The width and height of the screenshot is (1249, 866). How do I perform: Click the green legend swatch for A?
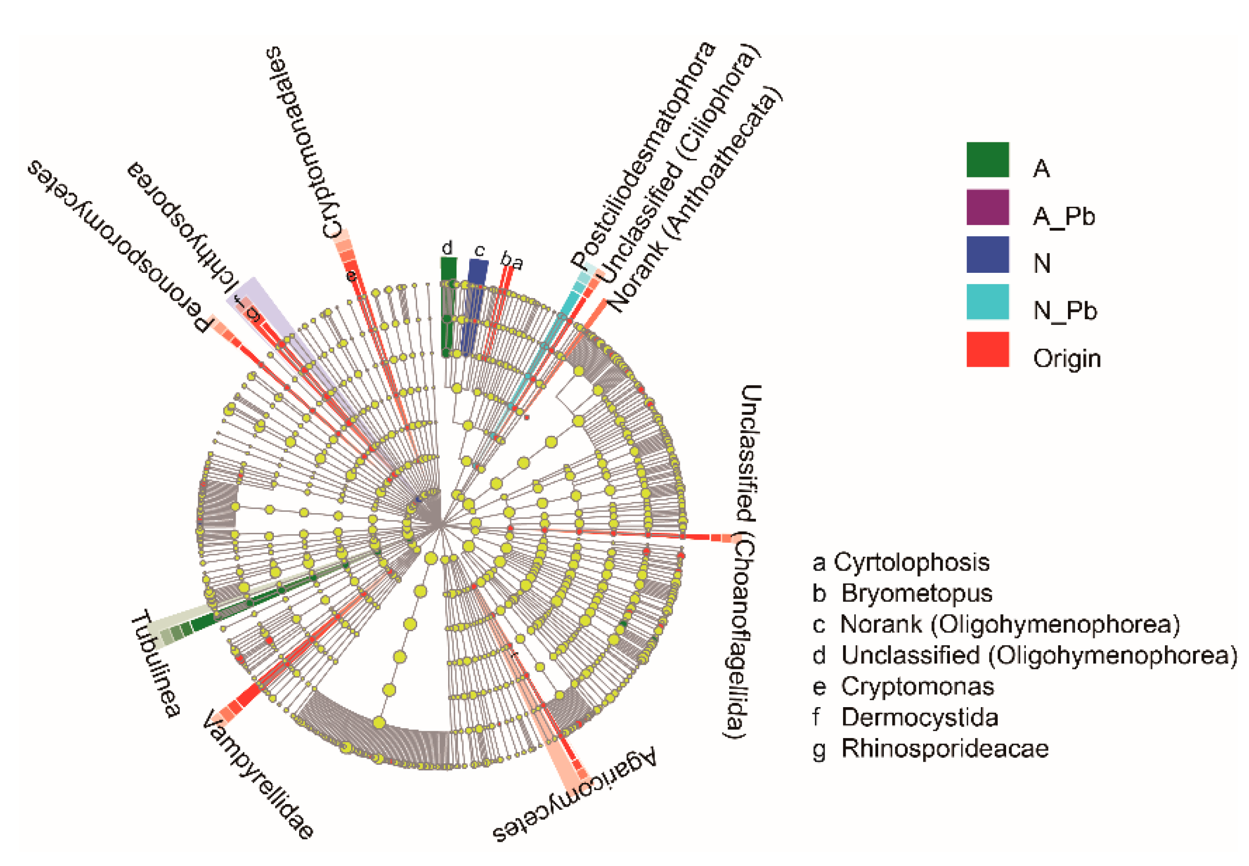click(987, 159)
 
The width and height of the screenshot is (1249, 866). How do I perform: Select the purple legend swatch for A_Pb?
click(987, 207)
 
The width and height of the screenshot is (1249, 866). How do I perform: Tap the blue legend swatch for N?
click(987, 254)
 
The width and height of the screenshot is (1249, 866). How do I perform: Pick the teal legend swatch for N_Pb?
click(987, 302)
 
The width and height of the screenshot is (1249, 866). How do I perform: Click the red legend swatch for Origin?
click(987, 349)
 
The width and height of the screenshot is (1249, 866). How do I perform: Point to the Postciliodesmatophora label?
click(643, 154)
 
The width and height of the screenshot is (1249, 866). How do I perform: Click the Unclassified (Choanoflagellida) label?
click(743, 562)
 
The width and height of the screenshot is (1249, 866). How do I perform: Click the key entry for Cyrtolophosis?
click(901, 562)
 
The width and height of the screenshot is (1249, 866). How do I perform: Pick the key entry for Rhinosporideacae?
click(930, 748)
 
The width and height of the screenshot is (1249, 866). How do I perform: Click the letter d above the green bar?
click(447, 248)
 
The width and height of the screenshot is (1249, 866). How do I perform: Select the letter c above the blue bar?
click(479, 251)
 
